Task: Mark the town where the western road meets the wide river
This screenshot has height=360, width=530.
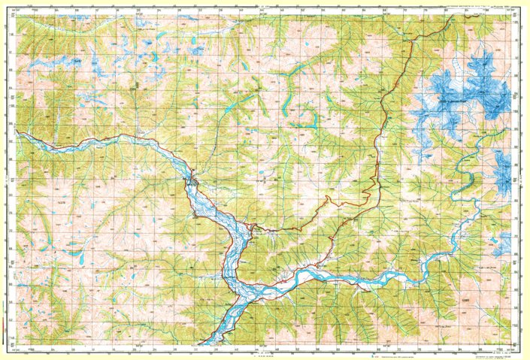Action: [194, 181]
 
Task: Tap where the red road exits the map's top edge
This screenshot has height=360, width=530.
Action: [454, 17]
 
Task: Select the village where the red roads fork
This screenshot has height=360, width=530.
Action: [253, 225]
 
